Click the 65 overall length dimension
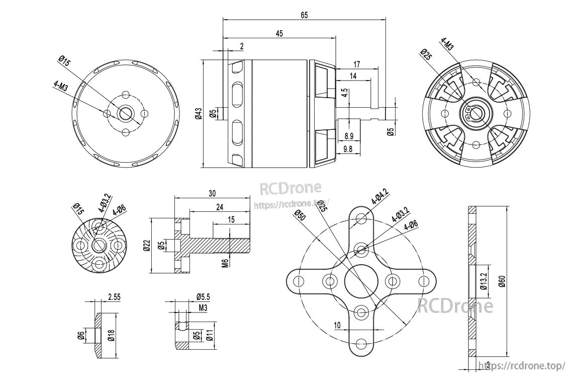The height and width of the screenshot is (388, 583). (304, 15)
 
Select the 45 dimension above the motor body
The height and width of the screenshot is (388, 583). (279, 34)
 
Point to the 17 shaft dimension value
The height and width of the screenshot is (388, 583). (356, 64)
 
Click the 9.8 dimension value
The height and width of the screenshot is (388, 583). (348, 149)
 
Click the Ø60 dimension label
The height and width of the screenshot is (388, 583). (502, 281)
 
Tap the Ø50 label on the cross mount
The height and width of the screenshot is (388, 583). (300, 215)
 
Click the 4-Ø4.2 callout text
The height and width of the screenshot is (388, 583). (379, 197)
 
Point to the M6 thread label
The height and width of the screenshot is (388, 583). (225, 263)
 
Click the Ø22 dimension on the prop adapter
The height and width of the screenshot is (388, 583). (146, 246)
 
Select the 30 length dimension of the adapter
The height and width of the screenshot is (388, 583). (212, 194)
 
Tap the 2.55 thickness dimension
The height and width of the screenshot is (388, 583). (114, 297)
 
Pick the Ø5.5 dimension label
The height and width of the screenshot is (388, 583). (203, 297)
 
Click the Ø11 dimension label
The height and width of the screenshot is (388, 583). (210, 336)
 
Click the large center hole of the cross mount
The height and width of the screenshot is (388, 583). (361, 281)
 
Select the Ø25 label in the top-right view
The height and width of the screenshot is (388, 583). (427, 55)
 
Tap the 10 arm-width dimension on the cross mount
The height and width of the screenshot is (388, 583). (337, 325)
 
